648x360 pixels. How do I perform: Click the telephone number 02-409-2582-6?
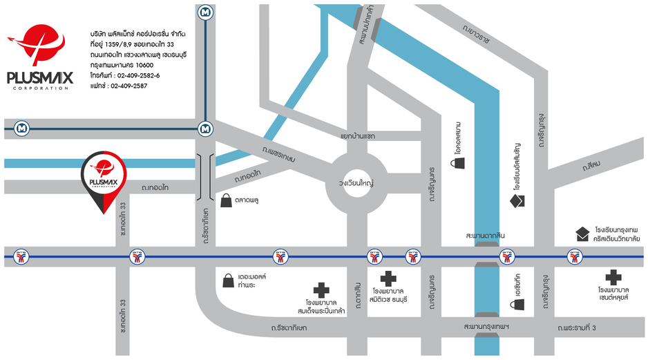pyautogui.click(x=138, y=75)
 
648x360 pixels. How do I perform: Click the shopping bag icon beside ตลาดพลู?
pyautogui.click(x=227, y=201)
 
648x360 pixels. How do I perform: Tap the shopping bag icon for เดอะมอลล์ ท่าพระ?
pyautogui.click(x=227, y=280)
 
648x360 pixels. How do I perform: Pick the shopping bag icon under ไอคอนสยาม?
pyautogui.click(x=457, y=163)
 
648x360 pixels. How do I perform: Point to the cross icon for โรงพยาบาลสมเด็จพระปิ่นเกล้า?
pyautogui.click(x=321, y=290)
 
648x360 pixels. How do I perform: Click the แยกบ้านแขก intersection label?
pyautogui.click(x=358, y=136)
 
